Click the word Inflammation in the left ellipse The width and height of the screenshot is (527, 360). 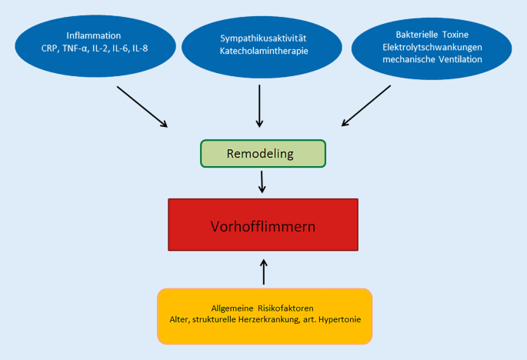click(x=94, y=35)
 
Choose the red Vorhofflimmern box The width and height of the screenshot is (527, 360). click(x=263, y=227)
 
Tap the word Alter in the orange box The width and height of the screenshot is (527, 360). click(x=181, y=319)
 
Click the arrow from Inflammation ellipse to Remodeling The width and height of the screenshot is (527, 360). click(x=142, y=106)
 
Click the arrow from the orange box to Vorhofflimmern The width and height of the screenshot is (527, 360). click(x=263, y=272)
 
